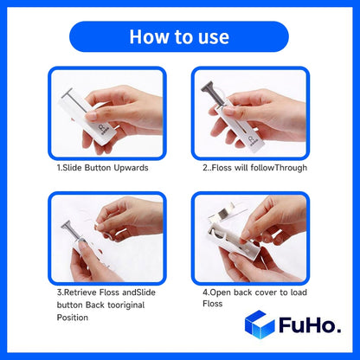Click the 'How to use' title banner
coord(179,36)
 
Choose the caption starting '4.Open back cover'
coord(248,292)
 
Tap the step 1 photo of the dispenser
coord(106,111)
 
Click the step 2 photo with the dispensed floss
coord(251,111)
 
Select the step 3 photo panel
coord(106,236)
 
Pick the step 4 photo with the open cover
coord(251,236)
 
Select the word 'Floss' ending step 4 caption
coord(213,305)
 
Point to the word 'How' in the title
coord(144,36)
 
